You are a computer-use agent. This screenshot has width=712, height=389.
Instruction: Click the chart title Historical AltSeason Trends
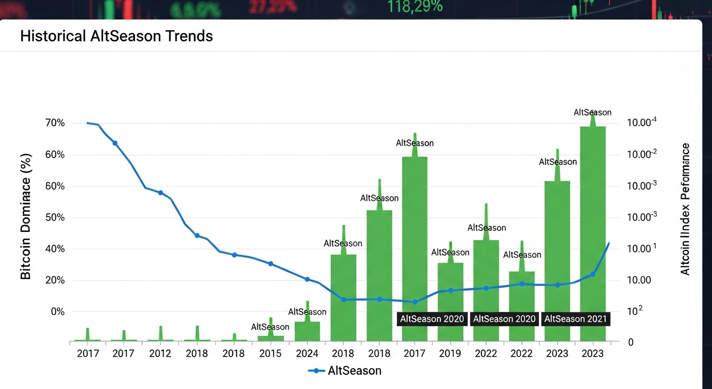116,36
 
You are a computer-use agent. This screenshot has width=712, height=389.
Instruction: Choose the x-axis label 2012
160,354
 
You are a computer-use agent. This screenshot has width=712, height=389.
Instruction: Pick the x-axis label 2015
270,354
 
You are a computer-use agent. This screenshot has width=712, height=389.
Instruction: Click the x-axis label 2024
307,354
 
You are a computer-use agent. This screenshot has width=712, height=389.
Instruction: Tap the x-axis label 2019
450,354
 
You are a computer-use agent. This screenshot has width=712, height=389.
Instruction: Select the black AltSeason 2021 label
575,319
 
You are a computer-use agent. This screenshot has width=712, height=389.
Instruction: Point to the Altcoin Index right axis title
685,209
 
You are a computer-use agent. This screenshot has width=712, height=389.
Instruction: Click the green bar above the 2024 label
307,331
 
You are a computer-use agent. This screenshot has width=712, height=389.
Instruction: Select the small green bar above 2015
271,338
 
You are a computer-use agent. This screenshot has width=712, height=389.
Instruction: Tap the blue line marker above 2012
160,192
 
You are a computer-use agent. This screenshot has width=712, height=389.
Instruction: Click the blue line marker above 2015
271,264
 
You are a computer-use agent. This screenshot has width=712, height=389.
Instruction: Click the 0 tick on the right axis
631,343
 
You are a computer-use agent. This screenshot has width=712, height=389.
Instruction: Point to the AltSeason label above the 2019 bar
450,252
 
